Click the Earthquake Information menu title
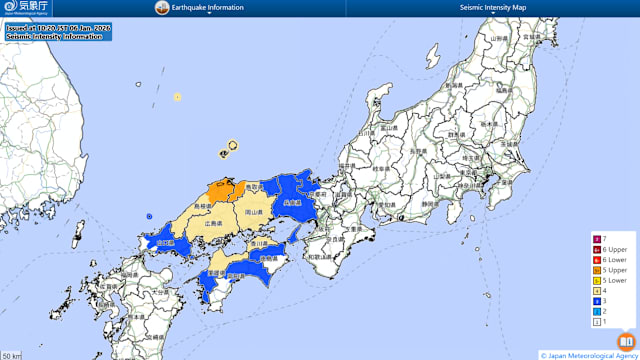(x=207, y=8)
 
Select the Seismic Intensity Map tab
(x=492, y=8)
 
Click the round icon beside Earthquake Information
(x=161, y=8)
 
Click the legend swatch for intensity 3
(x=598, y=300)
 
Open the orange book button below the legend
(x=625, y=341)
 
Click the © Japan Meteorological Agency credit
(x=587, y=354)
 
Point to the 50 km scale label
(x=11, y=355)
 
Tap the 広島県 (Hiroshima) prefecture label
(x=214, y=223)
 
